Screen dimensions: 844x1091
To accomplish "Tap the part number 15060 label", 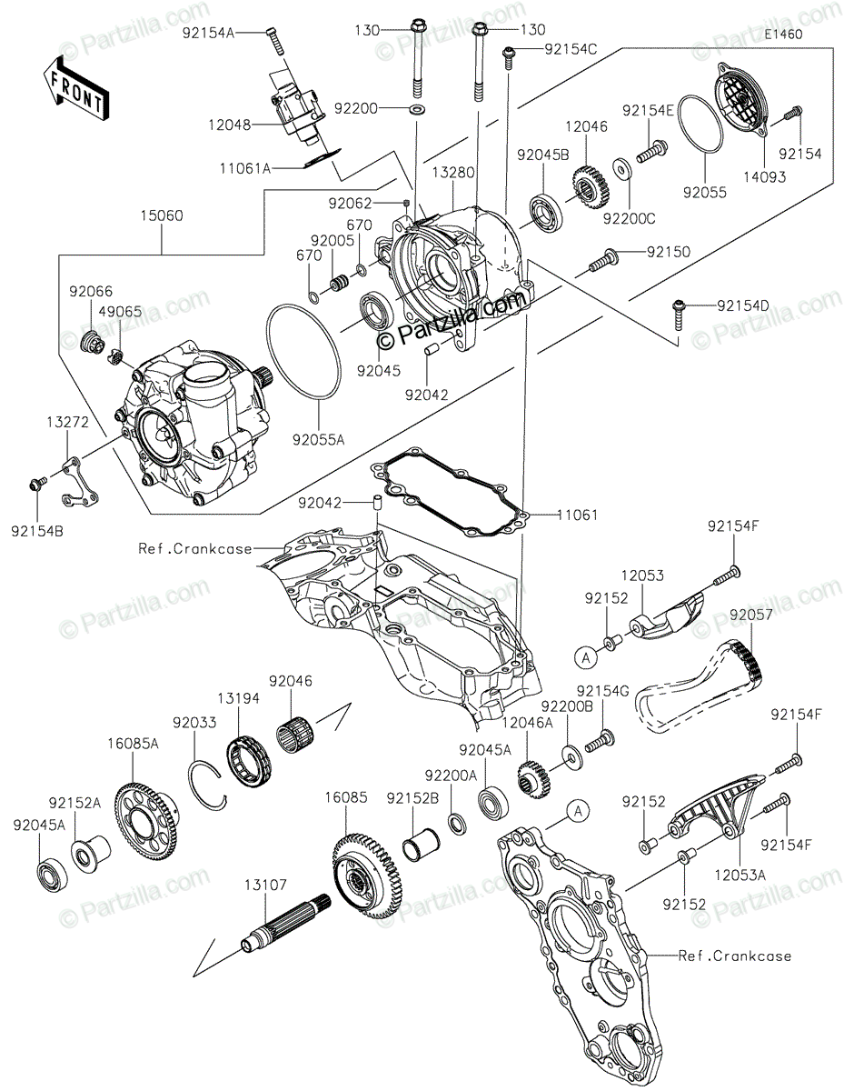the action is [162, 215].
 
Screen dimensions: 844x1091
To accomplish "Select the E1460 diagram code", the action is [784, 35].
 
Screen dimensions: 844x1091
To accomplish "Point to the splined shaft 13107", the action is [285, 924].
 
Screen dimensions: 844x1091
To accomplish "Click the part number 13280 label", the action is [452, 173].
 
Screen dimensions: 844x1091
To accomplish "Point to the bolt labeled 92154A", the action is [274, 40].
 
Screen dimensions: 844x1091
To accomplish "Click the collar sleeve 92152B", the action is [422, 844].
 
